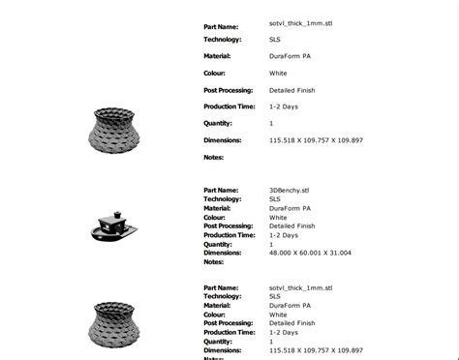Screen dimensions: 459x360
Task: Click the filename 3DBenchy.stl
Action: [289, 191]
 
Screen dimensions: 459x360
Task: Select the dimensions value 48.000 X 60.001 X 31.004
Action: [310, 253]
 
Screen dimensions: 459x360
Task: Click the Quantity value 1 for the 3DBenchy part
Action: [271, 244]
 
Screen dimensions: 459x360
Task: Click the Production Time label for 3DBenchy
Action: [229, 235]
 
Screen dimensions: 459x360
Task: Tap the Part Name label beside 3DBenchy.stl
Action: [221, 191]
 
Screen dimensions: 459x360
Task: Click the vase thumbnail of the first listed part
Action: [113, 130]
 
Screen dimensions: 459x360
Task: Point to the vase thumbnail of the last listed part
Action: [113, 323]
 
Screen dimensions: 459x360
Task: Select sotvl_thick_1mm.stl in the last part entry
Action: [300, 287]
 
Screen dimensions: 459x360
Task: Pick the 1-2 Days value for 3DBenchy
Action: [283, 235]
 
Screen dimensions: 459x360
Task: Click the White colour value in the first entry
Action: [278, 73]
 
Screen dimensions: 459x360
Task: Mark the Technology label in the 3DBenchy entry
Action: [222, 199]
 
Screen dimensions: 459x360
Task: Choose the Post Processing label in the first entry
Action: [228, 90]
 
